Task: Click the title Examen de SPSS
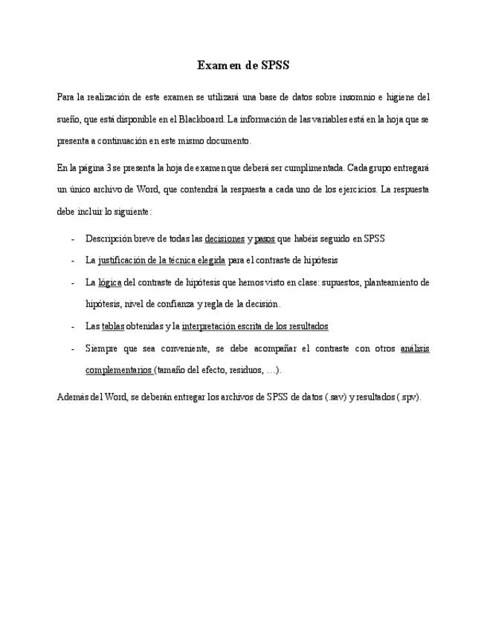click(x=243, y=65)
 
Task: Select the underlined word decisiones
click(x=225, y=238)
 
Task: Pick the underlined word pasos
click(x=265, y=238)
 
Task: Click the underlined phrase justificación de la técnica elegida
click(x=161, y=261)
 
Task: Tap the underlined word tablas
click(x=113, y=326)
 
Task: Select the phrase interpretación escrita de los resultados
click(x=255, y=326)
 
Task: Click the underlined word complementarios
click(x=119, y=370)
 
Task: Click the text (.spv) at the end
click(x=408, y=397)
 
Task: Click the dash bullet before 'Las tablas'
click(x=71, y=326)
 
